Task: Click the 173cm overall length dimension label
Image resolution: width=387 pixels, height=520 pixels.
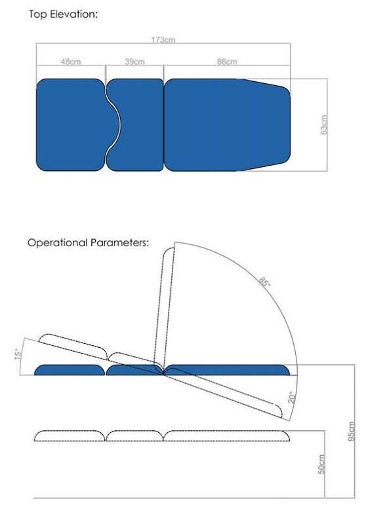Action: pyautogui.click(x=163, y=40)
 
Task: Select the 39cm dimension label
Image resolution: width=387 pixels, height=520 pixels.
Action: pyautogui.click(x=134, y=62)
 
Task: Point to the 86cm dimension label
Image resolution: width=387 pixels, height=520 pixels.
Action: pyautogui.click(x=226, y=62)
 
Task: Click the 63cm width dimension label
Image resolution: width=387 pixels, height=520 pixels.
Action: pyautogui.click(x=324, y=124)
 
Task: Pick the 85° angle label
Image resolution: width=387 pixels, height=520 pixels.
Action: pyautogui.click(x=264, y=284)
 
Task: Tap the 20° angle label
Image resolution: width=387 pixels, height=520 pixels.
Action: pyautogui.click(x=291, y=397)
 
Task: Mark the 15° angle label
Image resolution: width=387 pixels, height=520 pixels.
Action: pyautogui.click(x=19, y=353)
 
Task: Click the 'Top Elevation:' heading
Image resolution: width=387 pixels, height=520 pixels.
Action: pyautogui.click(x=63, y=14)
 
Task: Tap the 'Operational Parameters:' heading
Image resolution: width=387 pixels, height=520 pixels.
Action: pyautogui.click(x=88, y=243)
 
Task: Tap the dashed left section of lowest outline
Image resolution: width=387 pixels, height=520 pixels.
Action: pyautogui.click(x=70, y=436)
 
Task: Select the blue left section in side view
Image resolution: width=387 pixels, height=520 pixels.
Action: pyautogui.click(x=70, y=371)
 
